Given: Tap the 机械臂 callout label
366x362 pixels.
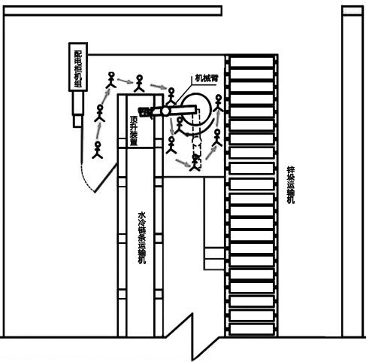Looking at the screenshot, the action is [207, 78].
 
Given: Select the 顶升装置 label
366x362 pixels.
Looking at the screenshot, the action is [134, 130].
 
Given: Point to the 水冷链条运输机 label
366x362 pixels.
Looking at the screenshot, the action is [142, 238].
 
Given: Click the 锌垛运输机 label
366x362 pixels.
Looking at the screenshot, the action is [291, 185].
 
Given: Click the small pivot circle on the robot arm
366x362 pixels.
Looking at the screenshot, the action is [165, 111].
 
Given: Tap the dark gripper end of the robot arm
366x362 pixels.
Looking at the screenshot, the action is [145, 112].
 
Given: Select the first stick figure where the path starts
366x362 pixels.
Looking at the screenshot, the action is [98, 150].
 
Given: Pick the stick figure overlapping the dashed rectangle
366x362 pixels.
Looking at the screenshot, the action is [195, 163].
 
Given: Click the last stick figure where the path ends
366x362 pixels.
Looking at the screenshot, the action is [219, 103].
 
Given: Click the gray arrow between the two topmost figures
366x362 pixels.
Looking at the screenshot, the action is [125, 81].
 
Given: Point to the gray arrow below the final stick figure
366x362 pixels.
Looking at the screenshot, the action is [217, 119].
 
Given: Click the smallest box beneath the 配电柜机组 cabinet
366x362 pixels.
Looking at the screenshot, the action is [77, 121].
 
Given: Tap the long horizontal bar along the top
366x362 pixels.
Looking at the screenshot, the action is [113, 11].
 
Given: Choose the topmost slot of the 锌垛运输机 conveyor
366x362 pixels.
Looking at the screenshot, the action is [252, 62].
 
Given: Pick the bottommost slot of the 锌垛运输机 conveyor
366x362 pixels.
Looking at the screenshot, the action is [252, 329].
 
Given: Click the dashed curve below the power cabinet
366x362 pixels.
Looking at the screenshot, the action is [86, 179].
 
